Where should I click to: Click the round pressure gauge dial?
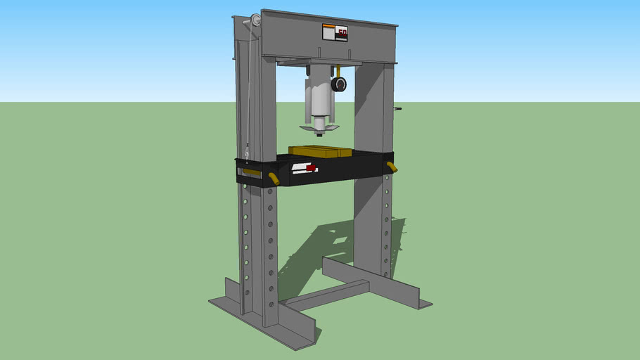(x=340, y=85)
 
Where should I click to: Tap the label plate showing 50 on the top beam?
(x=335, y=33)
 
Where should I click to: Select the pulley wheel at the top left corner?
(x=250, y=23)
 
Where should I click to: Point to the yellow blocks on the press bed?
(x=319, y=151)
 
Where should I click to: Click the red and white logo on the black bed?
(x=305, y=169)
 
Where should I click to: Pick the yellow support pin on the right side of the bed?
(x=392, y=167)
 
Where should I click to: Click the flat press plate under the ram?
(x=319, y=128)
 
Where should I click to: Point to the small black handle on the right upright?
(x=397, y=109)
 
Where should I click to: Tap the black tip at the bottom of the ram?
(x=321, y=134)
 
